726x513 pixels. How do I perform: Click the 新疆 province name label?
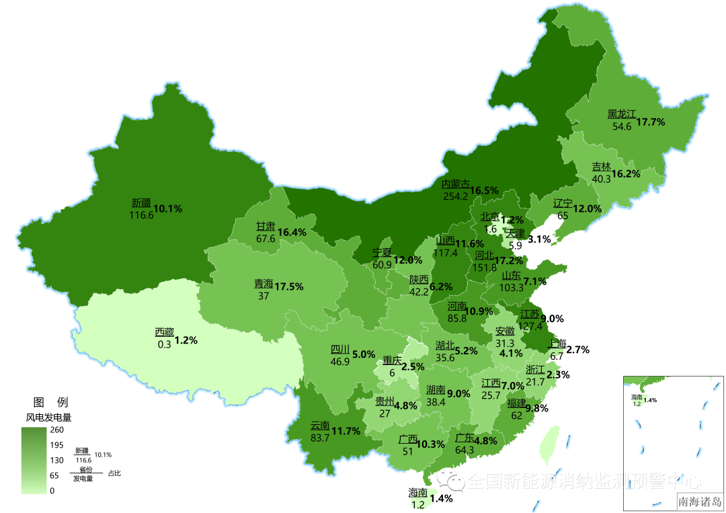pos(141,202)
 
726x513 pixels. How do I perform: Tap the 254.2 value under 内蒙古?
pos(455,196)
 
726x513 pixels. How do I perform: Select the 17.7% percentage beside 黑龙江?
pos(650,122)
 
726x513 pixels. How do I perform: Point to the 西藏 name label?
pos(164,331)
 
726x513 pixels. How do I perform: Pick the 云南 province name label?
pos(320,426)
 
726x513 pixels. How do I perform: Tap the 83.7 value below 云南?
pos(320,438)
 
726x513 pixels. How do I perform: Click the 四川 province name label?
pos(339,350)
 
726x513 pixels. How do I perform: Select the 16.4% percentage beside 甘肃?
pos(292,232)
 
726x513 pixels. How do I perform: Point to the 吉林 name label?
pos(601,167)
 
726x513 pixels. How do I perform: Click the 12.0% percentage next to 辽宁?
pos(587,208)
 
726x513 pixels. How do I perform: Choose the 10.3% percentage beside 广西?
pos(431,444)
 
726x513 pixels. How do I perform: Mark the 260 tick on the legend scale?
pos(56,430)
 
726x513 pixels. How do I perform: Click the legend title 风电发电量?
pos(48,417)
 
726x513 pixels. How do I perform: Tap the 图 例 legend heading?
pos(50,402)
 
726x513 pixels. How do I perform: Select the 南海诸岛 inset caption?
pos(699,502)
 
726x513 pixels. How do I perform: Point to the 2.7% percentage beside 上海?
pos(577,350)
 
